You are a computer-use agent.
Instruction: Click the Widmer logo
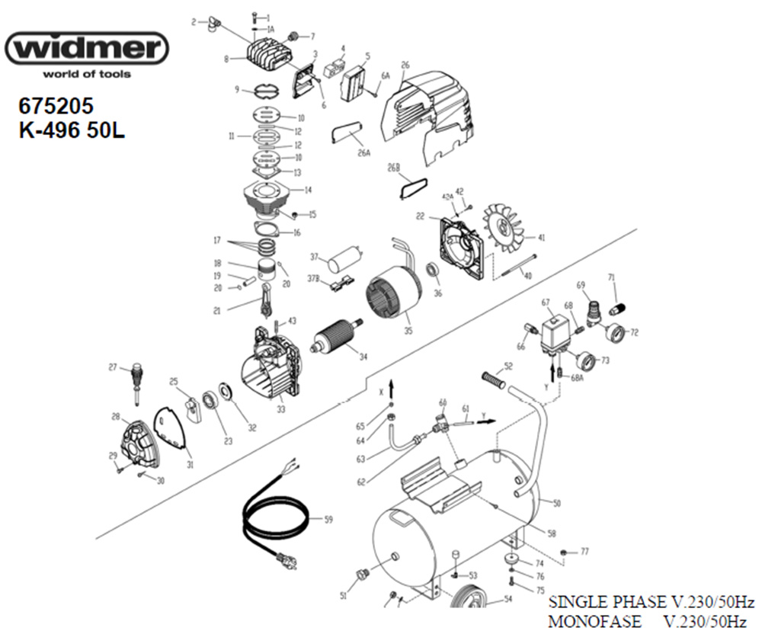click(86, 50)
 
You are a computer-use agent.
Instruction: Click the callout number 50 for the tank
click(557, 504)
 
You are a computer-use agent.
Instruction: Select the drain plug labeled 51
click(362, 573)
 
